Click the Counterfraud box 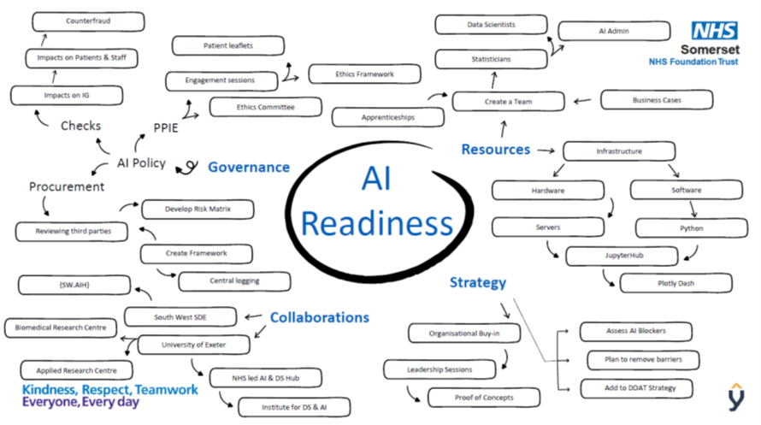point(88,21)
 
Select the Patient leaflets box point(227,45)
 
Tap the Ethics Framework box point(364,74)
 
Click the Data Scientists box point(491,25)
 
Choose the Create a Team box point(508,102)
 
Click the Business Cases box point(657,100)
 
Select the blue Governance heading point(249,168)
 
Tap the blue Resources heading point(495,150)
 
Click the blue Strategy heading point(478,282)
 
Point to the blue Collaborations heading point(319,317)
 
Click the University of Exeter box point(194,345)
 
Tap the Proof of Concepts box point(484,398)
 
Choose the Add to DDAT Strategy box point(634,388)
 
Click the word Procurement point(67,186)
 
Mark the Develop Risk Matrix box point(197,208)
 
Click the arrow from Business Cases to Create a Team point(582,101)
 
